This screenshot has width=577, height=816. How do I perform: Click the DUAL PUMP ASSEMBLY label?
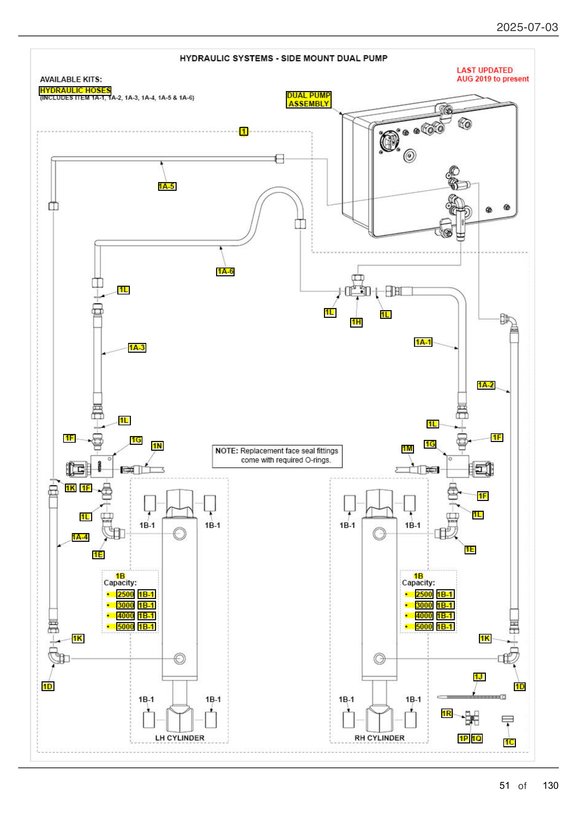308,99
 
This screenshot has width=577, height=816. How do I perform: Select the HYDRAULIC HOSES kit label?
75,91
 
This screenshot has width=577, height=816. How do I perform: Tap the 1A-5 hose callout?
167,186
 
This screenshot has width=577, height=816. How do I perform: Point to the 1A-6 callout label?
225,271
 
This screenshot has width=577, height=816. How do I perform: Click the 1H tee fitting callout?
356,322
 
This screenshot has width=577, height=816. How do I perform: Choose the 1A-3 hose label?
137,347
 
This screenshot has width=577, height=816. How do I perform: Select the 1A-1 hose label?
423,342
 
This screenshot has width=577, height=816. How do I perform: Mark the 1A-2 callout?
486,385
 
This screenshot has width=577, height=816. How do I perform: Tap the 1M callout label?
407,449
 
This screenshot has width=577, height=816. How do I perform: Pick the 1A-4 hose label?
80,537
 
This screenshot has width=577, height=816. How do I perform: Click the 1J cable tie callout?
479,677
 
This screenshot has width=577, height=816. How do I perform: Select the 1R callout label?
446,713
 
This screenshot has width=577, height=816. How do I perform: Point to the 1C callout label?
509,742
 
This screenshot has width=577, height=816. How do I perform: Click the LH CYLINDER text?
179,738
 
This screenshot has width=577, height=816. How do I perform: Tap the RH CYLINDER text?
379,738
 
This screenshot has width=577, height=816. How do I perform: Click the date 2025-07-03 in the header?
527,27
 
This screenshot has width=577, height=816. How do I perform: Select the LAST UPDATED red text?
484,70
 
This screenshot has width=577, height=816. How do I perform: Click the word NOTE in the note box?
226,451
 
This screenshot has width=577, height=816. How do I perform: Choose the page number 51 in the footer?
504,785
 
